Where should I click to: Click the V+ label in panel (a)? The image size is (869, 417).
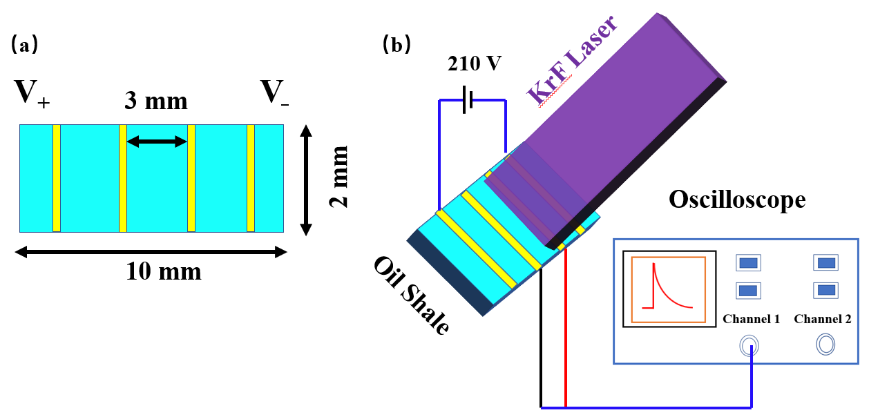32,93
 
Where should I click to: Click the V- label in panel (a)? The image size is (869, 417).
274,93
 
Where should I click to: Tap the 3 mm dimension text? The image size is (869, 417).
155,101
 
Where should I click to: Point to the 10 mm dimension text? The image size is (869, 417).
164,272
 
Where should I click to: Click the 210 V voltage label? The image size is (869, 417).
474,64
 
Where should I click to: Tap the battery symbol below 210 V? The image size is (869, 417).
467,102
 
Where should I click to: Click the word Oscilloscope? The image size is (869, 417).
737,200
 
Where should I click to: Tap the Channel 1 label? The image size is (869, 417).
751,319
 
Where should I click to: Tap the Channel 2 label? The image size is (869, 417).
823,319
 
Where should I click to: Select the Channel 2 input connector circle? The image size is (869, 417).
825,344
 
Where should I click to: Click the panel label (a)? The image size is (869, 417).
25,46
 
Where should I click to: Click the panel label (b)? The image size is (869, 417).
397,46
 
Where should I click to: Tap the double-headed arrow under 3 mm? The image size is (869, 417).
157,142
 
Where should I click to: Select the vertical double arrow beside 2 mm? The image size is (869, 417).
307,177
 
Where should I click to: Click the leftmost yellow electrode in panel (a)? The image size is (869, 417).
57,178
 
